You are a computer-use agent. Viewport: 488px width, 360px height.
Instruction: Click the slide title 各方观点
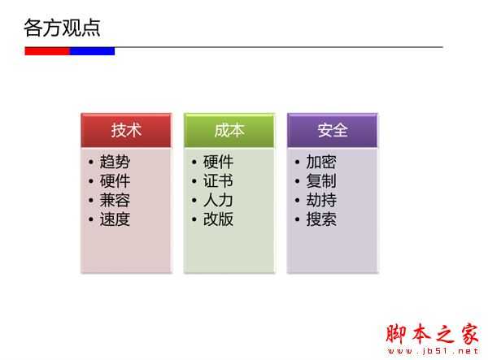point(63,28)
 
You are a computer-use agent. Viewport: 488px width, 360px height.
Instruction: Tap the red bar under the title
point(47,51)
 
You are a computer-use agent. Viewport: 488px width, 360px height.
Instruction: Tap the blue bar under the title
point(92,51)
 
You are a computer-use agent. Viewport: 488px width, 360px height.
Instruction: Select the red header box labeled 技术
point(126,130)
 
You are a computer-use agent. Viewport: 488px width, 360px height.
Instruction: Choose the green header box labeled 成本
point(229,130)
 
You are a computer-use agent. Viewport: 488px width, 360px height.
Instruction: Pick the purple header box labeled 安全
point(333,130)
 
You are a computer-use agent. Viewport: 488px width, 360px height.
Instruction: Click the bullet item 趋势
point(115,162)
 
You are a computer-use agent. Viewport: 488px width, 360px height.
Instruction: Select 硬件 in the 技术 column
point(115,181)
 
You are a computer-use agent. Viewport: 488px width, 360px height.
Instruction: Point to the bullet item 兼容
point(115,200)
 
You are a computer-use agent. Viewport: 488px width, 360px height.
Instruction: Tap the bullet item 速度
point(115,219)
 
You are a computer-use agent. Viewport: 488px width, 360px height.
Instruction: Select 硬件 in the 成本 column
point(218,162)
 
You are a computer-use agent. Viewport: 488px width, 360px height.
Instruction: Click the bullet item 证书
point(218,181)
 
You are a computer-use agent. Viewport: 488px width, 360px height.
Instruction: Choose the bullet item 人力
point(218,200)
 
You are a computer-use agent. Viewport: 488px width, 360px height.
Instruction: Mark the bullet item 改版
point(218,219)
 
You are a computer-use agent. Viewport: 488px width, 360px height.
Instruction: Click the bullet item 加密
point(321,162)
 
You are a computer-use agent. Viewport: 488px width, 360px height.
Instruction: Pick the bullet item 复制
point(321,181)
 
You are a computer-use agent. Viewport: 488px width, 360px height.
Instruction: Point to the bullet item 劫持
point(321,200)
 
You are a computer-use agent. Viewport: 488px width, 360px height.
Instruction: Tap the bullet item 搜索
point(321,219)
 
